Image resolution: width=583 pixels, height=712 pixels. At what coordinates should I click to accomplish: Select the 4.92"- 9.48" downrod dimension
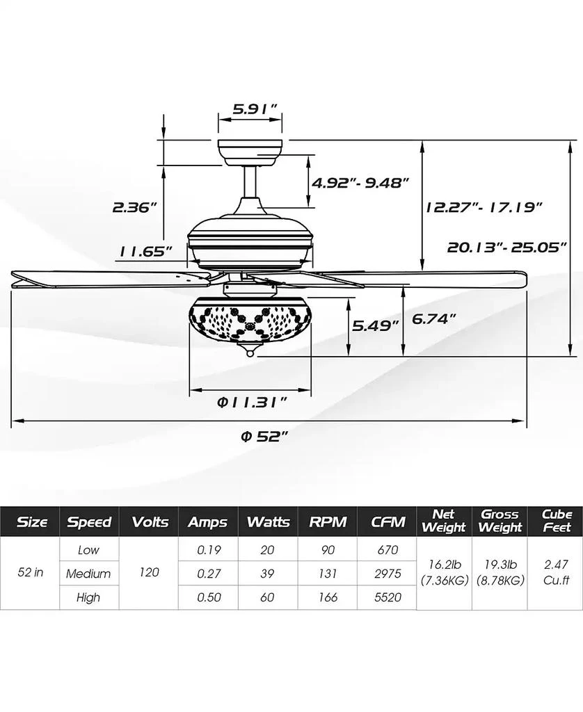click(x=360, y=184)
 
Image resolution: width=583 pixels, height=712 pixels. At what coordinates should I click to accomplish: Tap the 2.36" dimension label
click(x=134, y=207)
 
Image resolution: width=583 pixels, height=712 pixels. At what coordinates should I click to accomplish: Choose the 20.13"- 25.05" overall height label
click(x=507, y=246)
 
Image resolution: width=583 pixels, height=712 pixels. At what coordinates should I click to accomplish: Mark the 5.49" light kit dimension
click(x=375, y=325)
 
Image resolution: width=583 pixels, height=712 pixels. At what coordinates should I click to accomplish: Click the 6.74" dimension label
click(x=434, y=318)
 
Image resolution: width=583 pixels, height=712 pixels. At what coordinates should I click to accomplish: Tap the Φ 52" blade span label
click(x=264, y=436)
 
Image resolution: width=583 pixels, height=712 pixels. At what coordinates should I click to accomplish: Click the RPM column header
click(x=327, y=521)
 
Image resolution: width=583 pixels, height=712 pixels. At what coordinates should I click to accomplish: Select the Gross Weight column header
click(x=500, y=521)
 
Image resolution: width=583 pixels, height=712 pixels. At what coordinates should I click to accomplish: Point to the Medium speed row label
click(x=88, y=574)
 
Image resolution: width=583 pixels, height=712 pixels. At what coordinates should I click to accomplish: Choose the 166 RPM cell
click(x=327, y=597)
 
